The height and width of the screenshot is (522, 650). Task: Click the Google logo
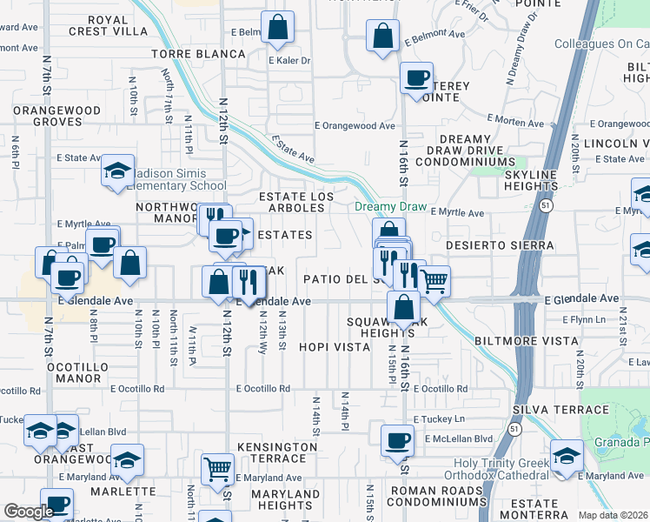29,512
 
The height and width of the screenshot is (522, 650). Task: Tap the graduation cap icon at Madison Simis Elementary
116,171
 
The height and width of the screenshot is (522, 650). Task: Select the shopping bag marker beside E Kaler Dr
277,28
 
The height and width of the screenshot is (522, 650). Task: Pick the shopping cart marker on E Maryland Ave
217,469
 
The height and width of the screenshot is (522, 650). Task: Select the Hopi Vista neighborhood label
335,346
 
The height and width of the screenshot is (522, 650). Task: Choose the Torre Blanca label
198,54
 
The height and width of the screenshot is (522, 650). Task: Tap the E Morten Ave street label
514,118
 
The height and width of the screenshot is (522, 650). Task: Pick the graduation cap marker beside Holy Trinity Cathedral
567,458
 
